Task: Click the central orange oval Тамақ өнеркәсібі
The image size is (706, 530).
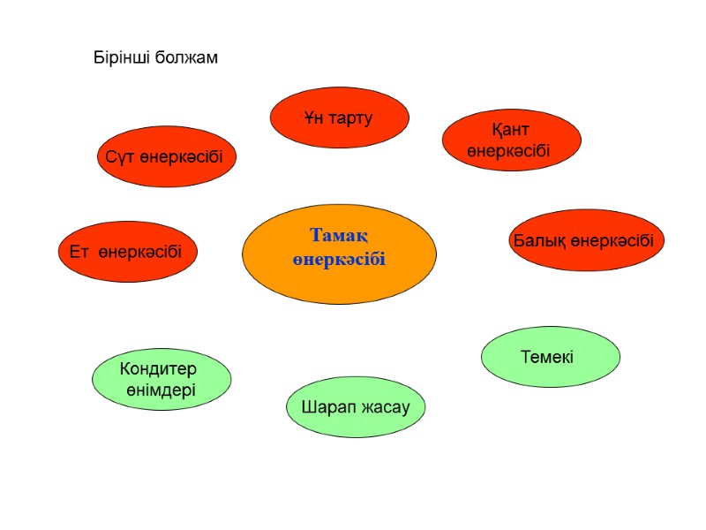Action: [339, 254]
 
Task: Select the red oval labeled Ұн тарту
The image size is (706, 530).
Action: [339, 117]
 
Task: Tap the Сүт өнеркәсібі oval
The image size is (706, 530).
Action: [166, 156]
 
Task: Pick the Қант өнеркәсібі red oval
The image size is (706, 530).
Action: [511, 140]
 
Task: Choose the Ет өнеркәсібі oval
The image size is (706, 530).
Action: [127, 252]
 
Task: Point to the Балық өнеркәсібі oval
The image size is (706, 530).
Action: [586, 240]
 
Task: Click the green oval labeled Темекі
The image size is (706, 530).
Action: [550, 357]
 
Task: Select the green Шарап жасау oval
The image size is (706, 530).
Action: [356, 407]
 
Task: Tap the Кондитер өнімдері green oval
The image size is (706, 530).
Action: [161, 379]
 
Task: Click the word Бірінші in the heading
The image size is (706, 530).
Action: [123, 58]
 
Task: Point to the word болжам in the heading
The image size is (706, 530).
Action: [186, 58]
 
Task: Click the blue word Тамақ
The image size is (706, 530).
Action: [339, 236]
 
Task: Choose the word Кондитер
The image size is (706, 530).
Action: [158, 368]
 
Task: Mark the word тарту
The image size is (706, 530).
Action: [350, 117]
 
